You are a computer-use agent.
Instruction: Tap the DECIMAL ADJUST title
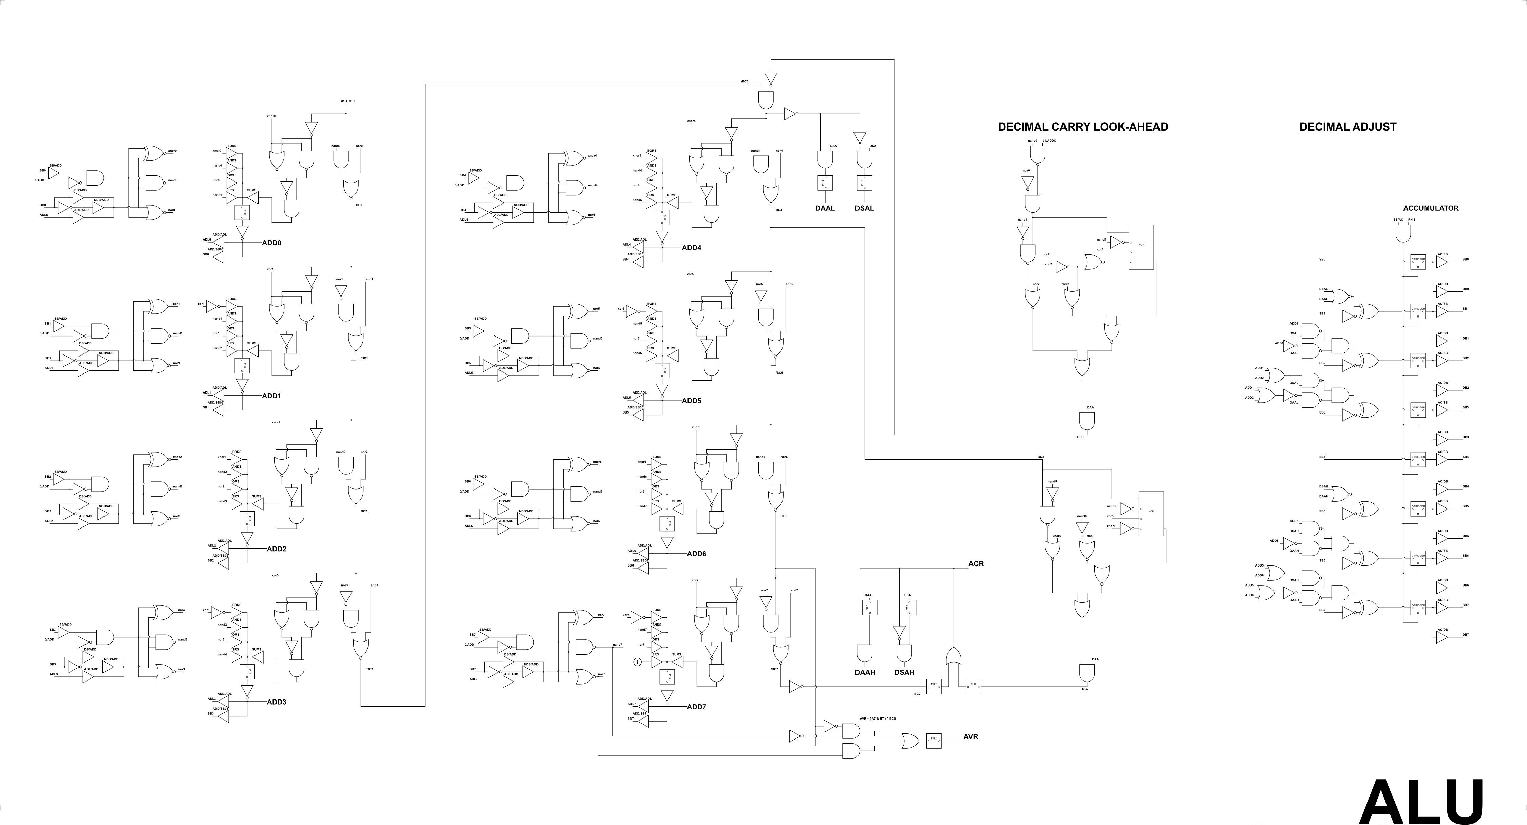pyautogui.click(x=1347, y=127)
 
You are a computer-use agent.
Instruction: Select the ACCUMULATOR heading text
pyautogui.click(x=1430, y=208)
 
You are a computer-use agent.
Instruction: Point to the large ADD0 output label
pyautogui.click(x=271, y=243)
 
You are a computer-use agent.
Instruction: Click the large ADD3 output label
pyautogui.click(x=276, y=702)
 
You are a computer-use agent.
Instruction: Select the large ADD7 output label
pyautogui.click(x=697, y=707)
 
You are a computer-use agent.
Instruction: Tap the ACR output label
pyautogui.click(x=976, y=564)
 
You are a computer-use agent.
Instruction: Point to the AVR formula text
pyautogui.click(x=877, y=718)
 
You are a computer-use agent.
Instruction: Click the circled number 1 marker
pyautogui.click(x=637, y=661)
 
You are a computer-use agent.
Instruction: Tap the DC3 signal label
pyautogui.click(x=1080, y=437)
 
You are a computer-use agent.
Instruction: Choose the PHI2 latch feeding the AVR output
pyautogui.click(x=934, y=741)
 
